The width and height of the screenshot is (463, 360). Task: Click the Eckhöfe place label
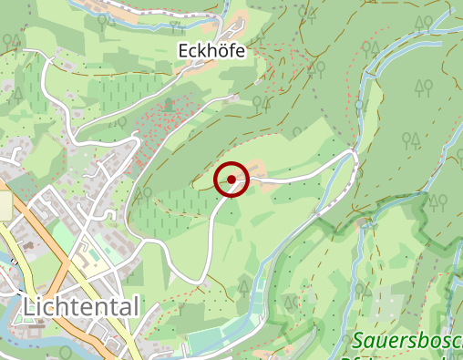tap(211, 52)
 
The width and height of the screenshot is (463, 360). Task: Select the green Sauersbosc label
tap(406, 343)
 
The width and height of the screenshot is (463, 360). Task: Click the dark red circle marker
tap(231, 180)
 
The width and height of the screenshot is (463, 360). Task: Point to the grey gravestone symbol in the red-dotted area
tap(169, 104)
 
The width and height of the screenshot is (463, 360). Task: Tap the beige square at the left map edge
tap(5, 205)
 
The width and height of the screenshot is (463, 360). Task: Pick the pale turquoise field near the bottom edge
tap(219, 343)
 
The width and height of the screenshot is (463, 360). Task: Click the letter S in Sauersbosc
tap(357, 343)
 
